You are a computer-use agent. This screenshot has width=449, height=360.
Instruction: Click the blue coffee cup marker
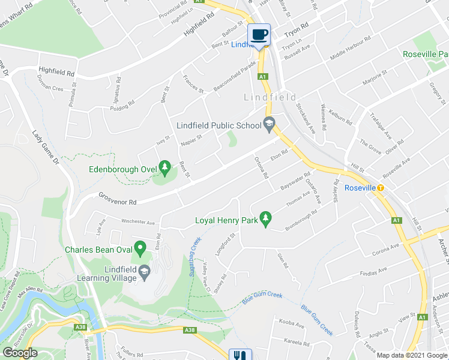[x=259, y=35]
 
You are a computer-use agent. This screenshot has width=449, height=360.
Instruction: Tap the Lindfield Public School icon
[x=269, y=125]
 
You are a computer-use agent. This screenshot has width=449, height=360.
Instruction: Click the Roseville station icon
[x=381, y=188]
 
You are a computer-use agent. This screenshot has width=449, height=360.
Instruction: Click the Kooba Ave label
[x=291, y=324]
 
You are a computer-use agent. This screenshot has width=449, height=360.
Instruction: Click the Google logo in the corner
[x=20, y=353]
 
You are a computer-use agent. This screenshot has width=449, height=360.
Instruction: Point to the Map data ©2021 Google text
[x=412, y=355]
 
